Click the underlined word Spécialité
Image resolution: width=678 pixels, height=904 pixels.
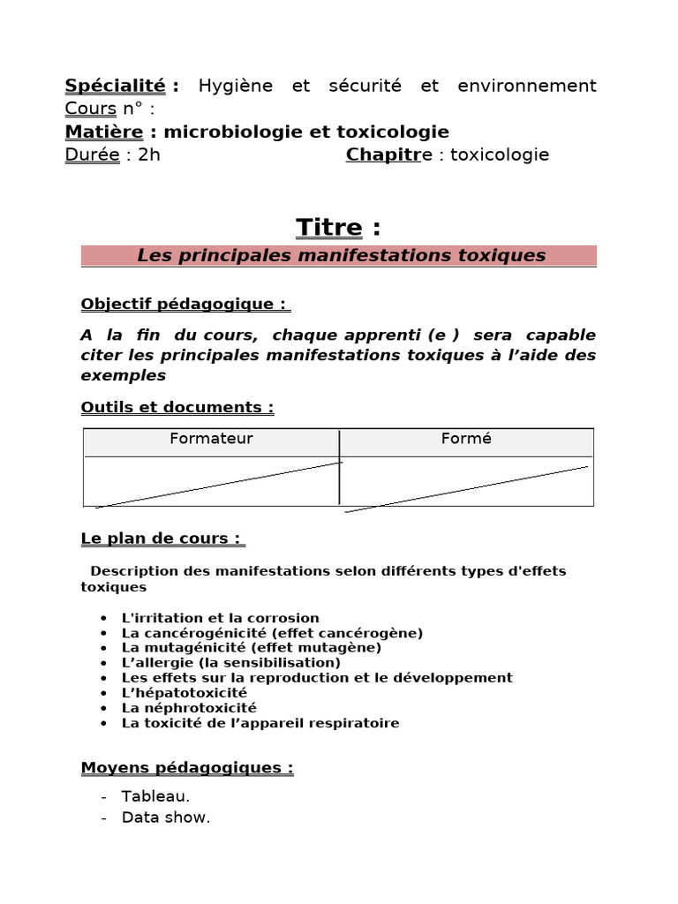coord(115,86)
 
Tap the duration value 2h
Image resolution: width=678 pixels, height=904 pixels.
coord(149,154)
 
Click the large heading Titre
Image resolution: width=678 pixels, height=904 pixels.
coord(328,227)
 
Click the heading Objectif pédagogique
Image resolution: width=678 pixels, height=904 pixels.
coord(184,304)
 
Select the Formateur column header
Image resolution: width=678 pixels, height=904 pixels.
coord(211,439)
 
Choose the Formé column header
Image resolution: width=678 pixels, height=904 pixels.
coord(466,439)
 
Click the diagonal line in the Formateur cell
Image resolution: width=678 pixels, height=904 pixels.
coord(218,484)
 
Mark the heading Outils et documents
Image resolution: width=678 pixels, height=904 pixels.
coord(177,407)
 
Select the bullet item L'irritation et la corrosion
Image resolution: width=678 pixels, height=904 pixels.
coord(220,618)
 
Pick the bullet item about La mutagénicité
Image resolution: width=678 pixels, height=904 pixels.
coord(251,647)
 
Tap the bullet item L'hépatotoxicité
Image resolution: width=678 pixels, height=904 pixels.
coord(185,692)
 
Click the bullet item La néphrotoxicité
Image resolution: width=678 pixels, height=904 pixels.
coord(189,707)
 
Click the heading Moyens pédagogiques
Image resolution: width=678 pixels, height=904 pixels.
coord(186,767)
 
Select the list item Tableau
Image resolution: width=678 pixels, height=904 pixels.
coord(155,795)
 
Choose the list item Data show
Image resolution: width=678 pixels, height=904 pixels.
coord(166,817)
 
